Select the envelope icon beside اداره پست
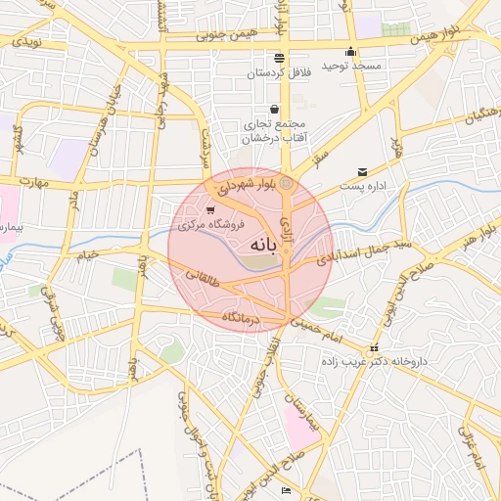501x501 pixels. tap(363, 171)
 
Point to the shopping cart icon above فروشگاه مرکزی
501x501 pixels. tap(210, 209)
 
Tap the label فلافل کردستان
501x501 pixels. tap(277, 73)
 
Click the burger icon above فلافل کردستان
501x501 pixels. tap(279, 57)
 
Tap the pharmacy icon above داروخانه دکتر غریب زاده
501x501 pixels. tap(373, 349)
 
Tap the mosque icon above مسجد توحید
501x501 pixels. tap(350, 53)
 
